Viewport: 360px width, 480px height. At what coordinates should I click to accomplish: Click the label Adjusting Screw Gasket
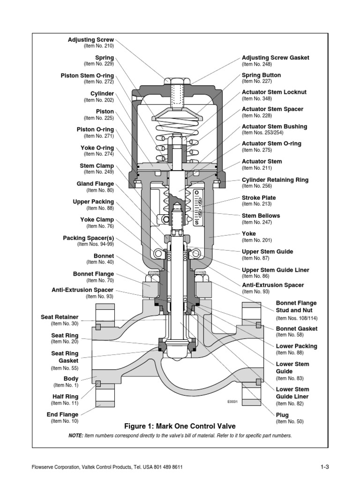tap(275, 58)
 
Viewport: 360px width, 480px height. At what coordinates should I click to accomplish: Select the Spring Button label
tap(261, 75)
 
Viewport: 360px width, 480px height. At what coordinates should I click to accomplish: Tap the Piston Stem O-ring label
tap(87, 75)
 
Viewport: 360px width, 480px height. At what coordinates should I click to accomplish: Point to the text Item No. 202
tap(99, 100)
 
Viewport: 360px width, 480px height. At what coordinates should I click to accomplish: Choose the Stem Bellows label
tap(261, 216)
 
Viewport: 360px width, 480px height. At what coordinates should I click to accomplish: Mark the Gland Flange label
tap(96, 184)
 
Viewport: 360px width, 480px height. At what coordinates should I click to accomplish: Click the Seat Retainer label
tap(60, 317)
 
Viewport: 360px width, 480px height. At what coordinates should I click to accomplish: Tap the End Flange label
tap(62, 414)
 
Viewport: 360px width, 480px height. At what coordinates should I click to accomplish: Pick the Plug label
tap(282, 415)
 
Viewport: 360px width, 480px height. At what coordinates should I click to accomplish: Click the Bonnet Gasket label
tap(296, 329)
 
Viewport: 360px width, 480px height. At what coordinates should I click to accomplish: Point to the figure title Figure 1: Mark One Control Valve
tap(180, 426)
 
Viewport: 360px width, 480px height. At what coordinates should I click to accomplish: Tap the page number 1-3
tap(325, 467)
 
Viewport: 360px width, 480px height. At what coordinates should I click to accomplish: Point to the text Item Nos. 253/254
tap(262, 133)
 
